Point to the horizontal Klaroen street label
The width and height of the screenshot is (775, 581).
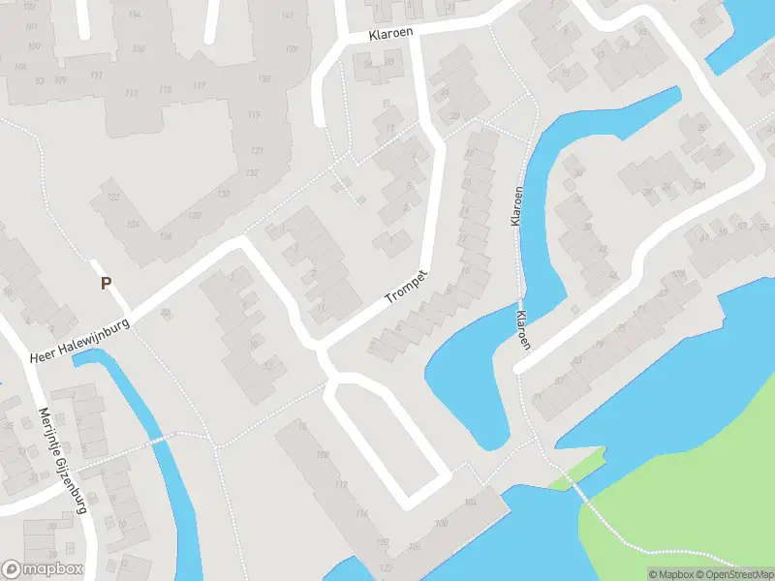[390, 35]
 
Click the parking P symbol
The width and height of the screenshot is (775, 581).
[106, 284]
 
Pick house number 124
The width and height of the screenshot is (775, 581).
[132, 224]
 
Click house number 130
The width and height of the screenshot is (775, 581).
[224, 194]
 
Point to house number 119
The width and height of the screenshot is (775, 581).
[254, 115]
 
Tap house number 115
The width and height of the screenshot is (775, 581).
[165, 90]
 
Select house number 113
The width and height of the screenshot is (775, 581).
[132, 93]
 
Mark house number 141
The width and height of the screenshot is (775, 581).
[288, 15]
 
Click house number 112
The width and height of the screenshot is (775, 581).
[340, 484]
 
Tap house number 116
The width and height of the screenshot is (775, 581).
[361, 513]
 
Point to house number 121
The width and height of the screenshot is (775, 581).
[257, 151]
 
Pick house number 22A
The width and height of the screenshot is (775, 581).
[698, 185]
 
